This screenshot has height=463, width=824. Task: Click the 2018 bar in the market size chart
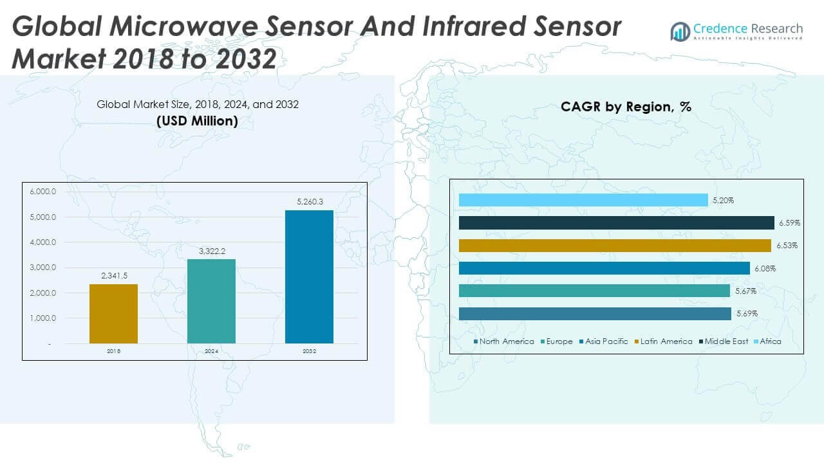pos(113,314)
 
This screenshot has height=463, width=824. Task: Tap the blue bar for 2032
pos(309,277)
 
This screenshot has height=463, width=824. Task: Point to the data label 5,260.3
pos(309,202)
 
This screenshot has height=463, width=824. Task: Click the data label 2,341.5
pos(113,276)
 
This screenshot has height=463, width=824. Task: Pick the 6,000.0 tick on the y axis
pos(43,192)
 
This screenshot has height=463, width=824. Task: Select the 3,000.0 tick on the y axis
pos(43,268)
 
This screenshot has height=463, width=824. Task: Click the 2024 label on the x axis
pos(211,351)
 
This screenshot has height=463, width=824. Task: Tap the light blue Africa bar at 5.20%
pos(583,200)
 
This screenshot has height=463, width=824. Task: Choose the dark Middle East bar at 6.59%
pos(616,222)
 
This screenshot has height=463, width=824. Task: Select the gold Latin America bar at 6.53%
pos(614,246)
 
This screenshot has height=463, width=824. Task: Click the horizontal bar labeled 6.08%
pos(604,268)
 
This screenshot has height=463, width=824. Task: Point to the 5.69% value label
pos(747,314)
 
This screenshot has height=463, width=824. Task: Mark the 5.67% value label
pos(745,291)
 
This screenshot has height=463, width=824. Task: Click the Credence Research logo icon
pos(680,31)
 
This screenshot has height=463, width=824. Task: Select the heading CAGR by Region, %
pos(626,107)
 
